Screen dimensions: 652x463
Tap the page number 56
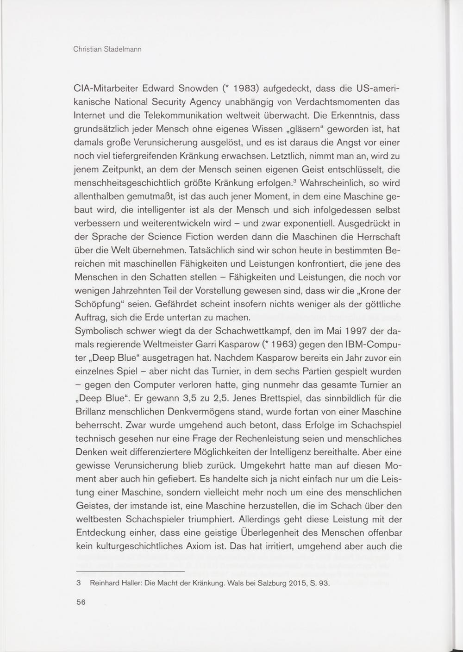81,602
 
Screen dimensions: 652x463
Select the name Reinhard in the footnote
106,583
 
